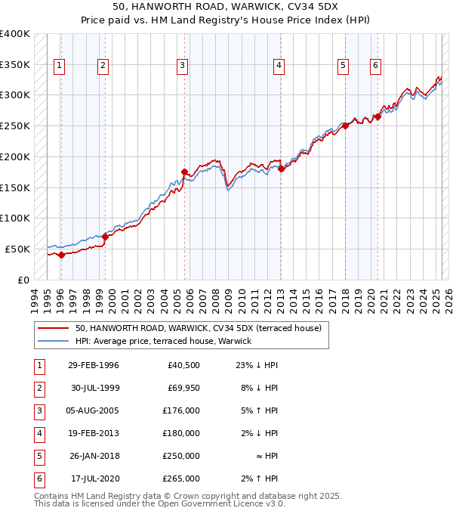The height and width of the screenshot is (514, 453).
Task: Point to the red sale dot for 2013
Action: pyautogui.click(x=281, y=169)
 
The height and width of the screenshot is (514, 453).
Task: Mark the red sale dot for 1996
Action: pyautogui.click(x=61, y=255)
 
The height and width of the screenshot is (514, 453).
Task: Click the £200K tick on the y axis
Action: pyautogui.click(x=15, y=156)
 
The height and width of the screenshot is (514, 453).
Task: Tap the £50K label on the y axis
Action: pyautogui.click(x=17, y=249)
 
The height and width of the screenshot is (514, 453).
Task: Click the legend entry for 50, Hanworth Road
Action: pyautogui.click(x=198, y=328)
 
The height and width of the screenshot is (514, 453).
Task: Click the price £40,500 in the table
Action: pyautogui.click(x=182, y=365)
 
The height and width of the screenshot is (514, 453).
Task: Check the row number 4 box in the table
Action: pyautogui.click(x=38, y=433)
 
